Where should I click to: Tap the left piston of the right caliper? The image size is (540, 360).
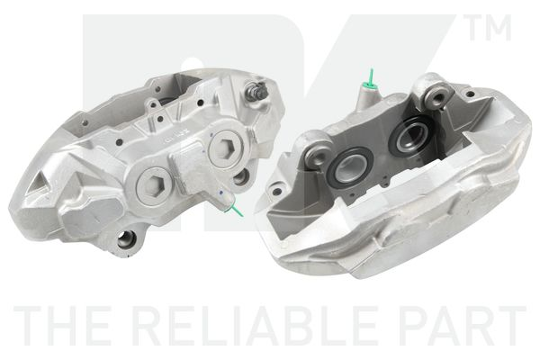(x=346, y=166)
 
